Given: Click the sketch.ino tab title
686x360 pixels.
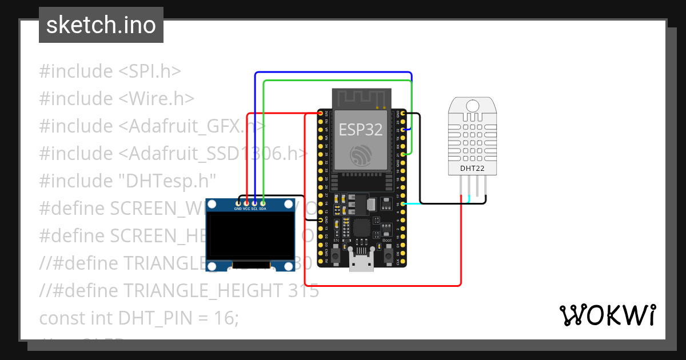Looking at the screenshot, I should coord(101,25).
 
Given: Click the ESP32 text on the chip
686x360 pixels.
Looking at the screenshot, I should coord(361,130).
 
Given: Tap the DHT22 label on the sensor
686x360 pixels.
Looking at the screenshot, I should coord(472,168).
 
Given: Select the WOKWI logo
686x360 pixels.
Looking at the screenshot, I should coord(607,315).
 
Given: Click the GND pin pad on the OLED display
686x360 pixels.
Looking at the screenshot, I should coord(238,202).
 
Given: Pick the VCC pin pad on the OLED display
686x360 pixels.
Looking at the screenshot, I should coord(246,202).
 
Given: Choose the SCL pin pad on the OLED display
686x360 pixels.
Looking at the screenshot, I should coord(254,202).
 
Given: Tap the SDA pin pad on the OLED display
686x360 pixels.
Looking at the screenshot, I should coord(262,202).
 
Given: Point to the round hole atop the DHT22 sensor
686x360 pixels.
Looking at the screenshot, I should coord(472,106).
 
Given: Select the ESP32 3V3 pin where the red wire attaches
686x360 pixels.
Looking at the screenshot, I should coord(319,114).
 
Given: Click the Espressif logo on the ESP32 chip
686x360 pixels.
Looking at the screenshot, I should coord(361,155).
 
